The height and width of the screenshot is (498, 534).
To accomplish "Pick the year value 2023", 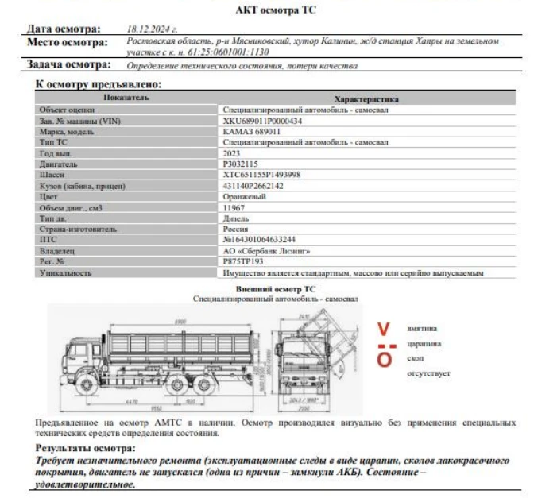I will (233, 152).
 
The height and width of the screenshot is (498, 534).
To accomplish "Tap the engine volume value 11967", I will (236, 207).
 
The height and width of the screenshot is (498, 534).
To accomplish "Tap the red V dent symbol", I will (384, 328).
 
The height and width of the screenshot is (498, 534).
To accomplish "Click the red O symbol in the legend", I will (384, 360).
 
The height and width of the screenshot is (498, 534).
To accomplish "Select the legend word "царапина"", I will (424, 343).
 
